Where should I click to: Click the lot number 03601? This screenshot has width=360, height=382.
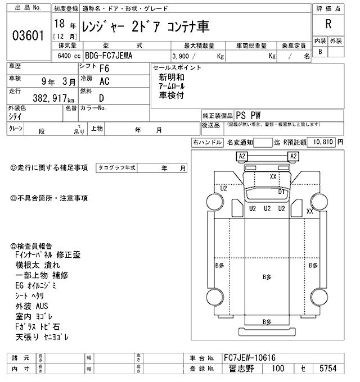[28, 36]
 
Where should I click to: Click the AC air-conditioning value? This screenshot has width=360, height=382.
[104, 81]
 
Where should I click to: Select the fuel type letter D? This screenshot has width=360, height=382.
[102, 97]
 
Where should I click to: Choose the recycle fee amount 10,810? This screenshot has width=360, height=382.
[321, 143]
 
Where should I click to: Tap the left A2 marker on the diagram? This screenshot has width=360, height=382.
[242, 156]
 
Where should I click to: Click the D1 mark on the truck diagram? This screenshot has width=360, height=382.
[282, 191]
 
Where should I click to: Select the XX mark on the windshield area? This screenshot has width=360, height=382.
[273, 176]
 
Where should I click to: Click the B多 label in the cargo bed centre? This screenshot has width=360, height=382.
[268, 277]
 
